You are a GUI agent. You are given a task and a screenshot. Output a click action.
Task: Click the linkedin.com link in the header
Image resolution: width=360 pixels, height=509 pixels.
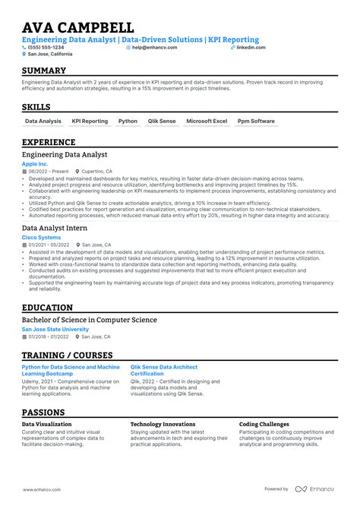251,47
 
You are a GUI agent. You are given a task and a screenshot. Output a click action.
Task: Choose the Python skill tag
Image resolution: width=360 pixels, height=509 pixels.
128,121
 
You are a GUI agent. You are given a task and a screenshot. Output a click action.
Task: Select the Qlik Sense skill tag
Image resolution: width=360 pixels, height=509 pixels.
162,121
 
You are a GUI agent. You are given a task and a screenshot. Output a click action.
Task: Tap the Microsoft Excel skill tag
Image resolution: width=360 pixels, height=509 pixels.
206,121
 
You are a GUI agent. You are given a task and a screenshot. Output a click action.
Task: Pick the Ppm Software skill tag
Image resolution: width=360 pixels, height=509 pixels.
256,121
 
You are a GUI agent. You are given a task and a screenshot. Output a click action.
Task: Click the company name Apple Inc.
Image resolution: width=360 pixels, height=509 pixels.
35,163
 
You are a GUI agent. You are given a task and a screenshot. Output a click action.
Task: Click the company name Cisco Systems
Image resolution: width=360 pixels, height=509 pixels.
41,237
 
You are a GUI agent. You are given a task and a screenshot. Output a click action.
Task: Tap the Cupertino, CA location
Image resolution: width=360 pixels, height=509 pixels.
98,172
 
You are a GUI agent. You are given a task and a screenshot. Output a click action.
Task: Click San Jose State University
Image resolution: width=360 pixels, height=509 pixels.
61,329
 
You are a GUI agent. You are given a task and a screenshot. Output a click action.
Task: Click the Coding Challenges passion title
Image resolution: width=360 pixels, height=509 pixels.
264,425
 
